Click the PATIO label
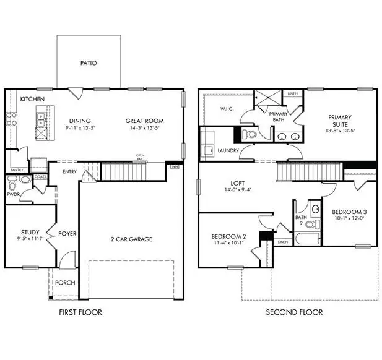click(89, 63)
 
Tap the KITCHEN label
click(32, 99)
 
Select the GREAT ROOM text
click(144, 121)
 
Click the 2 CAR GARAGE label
click(131, 239)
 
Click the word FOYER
click(67, 234)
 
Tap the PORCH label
click(65, 283)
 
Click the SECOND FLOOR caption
click(294, 312)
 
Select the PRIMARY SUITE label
click(340, 121)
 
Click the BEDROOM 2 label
click(228, 237)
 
